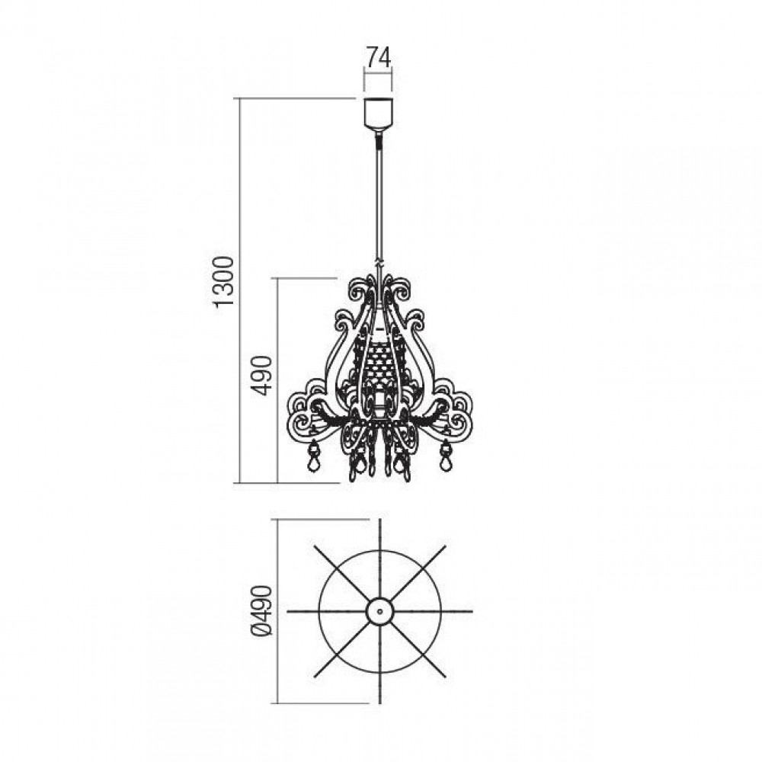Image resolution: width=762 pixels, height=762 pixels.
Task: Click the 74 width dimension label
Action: pos(379,57)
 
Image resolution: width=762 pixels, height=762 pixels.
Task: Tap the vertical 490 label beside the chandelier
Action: pos(263,375)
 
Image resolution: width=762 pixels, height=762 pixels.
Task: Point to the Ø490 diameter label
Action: pos(263,611)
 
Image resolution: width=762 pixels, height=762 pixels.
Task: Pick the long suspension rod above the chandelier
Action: pos(379,199)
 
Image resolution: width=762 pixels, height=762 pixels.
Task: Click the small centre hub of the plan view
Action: pos(379,611)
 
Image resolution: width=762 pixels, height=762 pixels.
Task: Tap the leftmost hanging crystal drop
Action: pos(314,456)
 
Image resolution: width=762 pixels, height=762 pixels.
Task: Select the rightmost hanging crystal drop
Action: pos(445,456)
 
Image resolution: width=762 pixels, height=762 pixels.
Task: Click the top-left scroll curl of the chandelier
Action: pos(360,292)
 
